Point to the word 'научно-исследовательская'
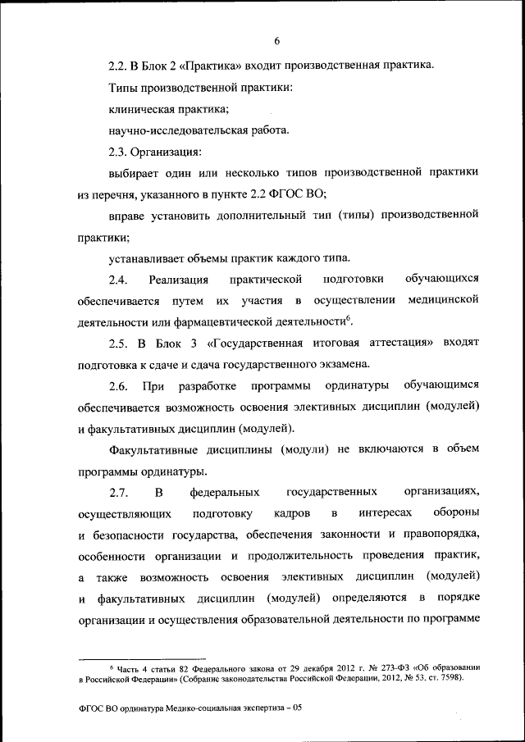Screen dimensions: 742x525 pos(175,130)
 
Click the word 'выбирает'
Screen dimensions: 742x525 pos(133,174)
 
